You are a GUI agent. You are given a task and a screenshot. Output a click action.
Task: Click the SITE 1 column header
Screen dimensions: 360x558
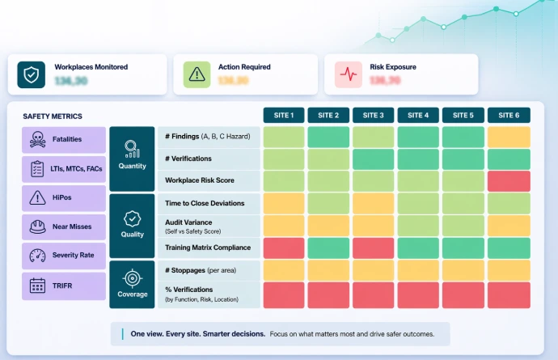click(284, 115)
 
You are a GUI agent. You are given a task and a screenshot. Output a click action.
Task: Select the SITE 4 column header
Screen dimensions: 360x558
click(418, 115)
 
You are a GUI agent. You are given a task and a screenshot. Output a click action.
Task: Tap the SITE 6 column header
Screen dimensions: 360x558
click(509, 115)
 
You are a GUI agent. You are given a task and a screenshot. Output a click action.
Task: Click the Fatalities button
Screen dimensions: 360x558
click(64, 140)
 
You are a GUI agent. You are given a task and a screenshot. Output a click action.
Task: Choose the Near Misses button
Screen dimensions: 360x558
click(64, 227)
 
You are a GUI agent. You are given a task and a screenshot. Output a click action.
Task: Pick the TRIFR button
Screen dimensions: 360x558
click(64, 286)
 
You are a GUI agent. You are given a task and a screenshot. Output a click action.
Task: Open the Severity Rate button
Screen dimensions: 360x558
click(64, 256)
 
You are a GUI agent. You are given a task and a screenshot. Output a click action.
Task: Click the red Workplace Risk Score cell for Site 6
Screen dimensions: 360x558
click(509, 181)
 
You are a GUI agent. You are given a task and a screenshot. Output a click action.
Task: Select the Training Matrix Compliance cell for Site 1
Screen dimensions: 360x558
click(284, 248)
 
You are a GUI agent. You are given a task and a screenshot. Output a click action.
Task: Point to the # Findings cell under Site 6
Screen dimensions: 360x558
click(509, 138)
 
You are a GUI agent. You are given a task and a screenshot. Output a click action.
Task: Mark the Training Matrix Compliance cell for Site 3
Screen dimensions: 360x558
click(374, 248)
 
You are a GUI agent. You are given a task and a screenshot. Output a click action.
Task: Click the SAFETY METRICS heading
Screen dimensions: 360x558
click(53, 116)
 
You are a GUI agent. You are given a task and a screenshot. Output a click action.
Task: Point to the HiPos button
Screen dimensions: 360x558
click(64, 197)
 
